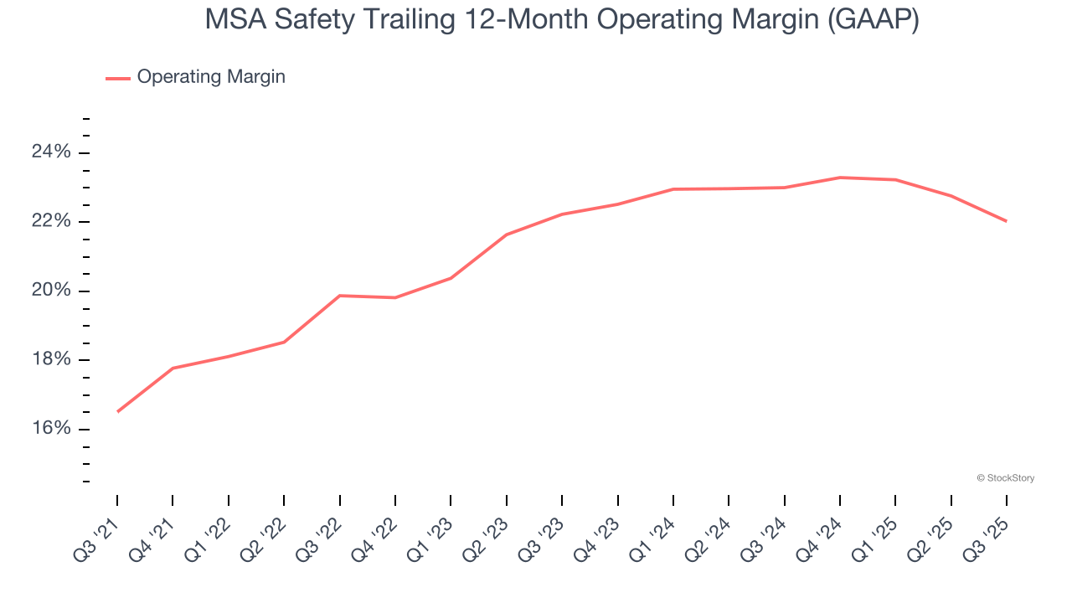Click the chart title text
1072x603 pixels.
(x=562, y=20)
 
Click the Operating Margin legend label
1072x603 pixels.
(x=211, y=77)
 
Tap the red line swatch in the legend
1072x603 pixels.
(x=117, y=78)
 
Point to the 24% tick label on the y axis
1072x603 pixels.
(x=51, y=152)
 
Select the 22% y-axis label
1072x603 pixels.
(x=51, y=222)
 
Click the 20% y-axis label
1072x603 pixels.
(x=51, y=291)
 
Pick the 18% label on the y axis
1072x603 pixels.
(x=51, y=360)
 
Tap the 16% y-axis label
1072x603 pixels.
(x=51, y=429)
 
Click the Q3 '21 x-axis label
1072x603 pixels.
(x=98, y=534)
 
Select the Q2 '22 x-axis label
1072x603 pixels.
(x=265, y=534)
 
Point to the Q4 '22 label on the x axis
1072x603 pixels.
(x=376, y=534)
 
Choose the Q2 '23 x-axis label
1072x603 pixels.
(x=487, y=534)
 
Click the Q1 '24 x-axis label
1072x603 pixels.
(x=654, y=534)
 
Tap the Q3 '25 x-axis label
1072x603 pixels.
(x=987, y=534)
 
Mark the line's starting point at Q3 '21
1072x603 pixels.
(x=117, y=411)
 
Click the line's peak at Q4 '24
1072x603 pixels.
(x=840, y=178)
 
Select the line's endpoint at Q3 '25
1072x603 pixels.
(x=1006, y=221)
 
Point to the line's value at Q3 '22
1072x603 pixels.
(x=339, y=296)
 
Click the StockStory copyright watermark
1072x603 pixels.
(x=1005, y=478)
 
